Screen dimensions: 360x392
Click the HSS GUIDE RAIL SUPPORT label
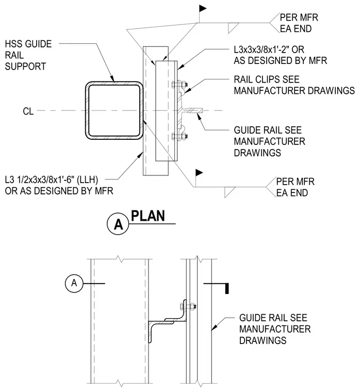tap(28, 55)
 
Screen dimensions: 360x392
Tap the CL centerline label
tap(28, 111)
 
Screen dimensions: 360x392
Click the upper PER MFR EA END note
tap(299, 23)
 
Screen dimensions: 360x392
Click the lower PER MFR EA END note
tap(295, 187)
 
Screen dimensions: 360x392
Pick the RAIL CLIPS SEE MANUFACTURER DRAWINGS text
tap(294, 85)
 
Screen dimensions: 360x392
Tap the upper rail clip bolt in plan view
tap(180, 84)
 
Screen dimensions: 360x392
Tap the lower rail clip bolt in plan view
tap(180, 137)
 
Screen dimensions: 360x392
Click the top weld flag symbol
tap(203, 9)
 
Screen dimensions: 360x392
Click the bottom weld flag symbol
tap(199, 172)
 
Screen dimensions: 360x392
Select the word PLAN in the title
tap(148, 216)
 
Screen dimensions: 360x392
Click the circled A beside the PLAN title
tap(118, 223)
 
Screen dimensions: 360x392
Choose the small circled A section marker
tap(74, 283)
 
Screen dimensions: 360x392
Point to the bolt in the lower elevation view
tap(188, 306)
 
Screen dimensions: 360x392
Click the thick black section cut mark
tap(227, 288)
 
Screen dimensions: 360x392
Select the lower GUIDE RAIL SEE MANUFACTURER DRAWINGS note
tap(275, 329)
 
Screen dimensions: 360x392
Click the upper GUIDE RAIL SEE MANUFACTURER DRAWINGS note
tap(269, 141)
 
